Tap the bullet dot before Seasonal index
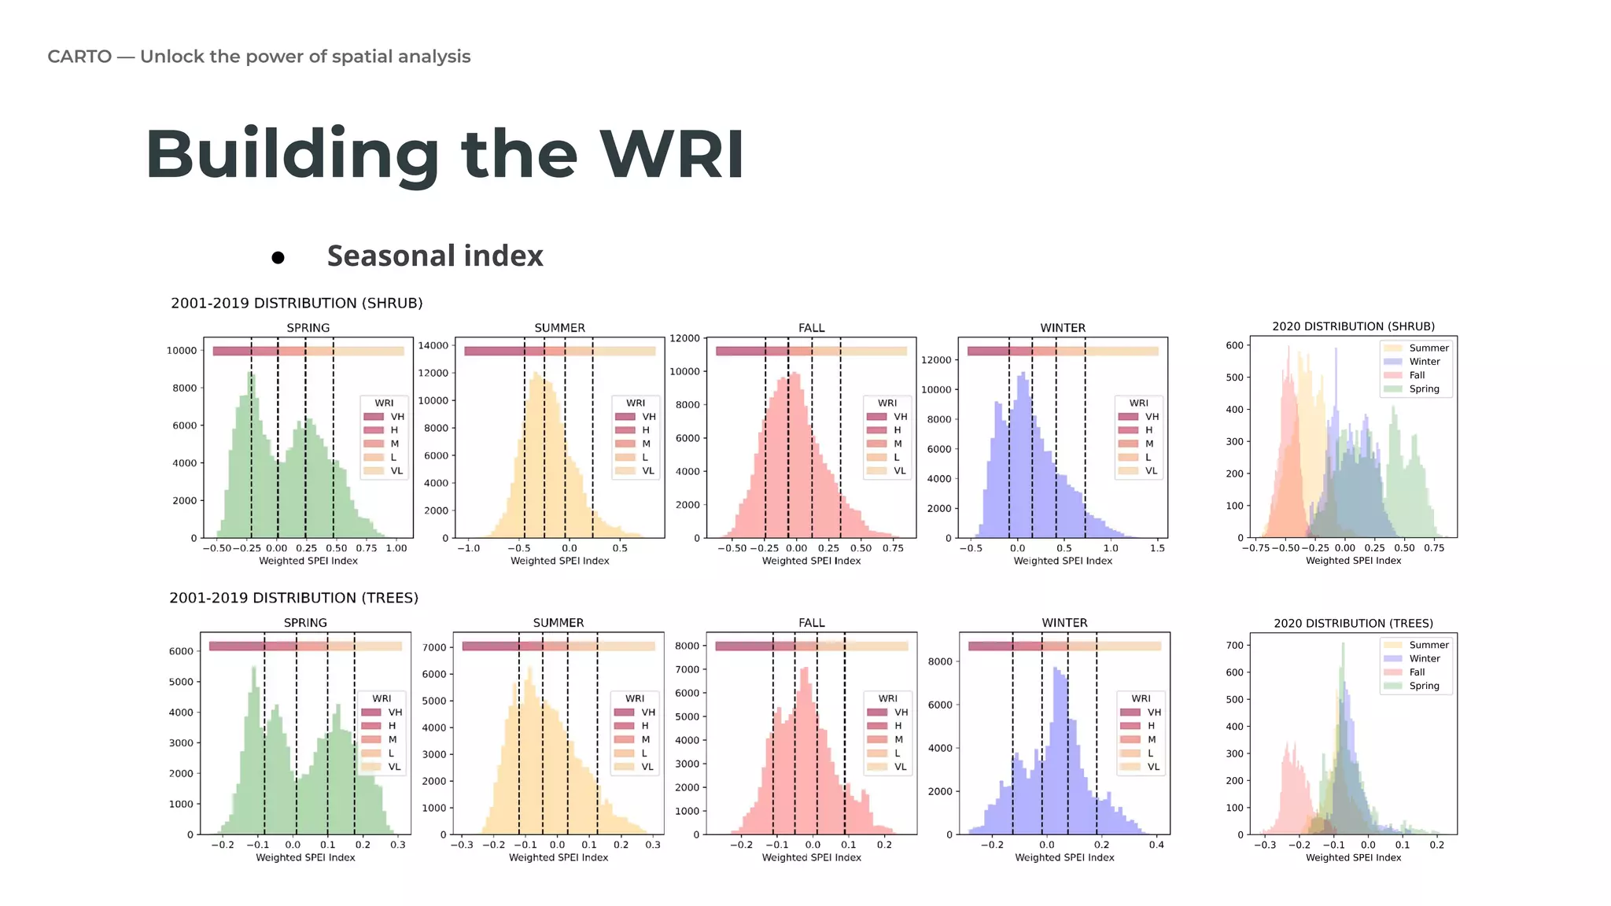(278, 257)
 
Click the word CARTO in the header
(79, 57)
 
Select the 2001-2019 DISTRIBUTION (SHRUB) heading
(297, 303)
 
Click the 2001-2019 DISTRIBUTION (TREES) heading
(293, 598)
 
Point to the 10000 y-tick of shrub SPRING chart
(181, 351)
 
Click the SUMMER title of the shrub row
(559, 327)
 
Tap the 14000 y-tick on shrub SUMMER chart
(433, 345)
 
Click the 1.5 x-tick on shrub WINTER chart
(1157, 548)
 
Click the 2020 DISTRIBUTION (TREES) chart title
(1353, 623)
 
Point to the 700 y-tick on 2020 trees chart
(1234, 645)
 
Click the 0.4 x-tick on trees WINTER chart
(1156, 845)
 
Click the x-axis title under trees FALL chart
(811, 857)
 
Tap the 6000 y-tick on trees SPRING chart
(181, 651)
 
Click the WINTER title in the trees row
(1064, 622)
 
